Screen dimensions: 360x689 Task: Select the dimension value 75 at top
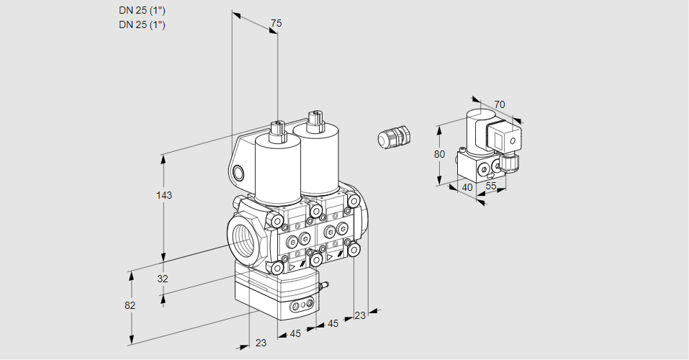(x=275, y=24)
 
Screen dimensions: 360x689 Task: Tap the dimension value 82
(x=130, y=305)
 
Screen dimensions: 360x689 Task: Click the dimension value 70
(x=500, y=104)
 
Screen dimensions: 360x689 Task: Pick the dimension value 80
(x=440, y=154)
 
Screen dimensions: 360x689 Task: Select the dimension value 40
(x=467, y=187)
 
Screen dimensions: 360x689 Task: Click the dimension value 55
(x=491, y=186)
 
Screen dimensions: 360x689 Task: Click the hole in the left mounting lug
(x=239, y=172)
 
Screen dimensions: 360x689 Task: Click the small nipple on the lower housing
(x=325, y=287)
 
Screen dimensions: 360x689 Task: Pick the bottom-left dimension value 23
(x=261, y=343)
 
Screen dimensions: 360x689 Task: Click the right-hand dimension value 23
(x=360, y=315)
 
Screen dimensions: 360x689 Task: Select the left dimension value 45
(x=295, y=333)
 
